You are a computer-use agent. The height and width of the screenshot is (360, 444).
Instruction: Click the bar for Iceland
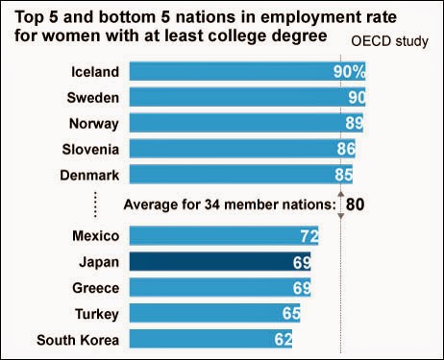click(x=247, y=71)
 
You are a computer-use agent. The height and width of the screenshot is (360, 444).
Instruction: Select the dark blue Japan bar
click(x=220, y=261)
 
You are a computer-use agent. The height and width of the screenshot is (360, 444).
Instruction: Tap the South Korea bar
click(x=210, y=339)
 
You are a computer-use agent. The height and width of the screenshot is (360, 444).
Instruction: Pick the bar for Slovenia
click(x=242, y=149)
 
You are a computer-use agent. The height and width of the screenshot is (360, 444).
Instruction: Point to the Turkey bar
click(x=215, y=313)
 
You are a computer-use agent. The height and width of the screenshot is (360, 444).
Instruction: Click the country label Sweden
click(x=93, y=98)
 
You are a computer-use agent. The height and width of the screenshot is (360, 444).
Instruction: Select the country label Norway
click(x=94, y=124)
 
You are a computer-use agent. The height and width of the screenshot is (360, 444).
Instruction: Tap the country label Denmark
click(x=89, y=176)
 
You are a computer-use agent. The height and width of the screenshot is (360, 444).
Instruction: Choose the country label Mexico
click(x=96, y=236)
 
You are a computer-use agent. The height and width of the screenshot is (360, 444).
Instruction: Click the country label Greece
click(x=96, y=288)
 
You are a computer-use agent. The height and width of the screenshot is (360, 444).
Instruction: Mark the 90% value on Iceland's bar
click(x=349, y=71)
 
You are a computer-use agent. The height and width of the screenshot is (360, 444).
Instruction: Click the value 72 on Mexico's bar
click(x=309, y=236)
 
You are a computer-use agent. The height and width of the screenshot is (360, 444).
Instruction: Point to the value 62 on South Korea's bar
click(x=284, y=339)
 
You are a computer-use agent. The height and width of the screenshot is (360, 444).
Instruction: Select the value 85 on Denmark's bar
click(x=344, y=175)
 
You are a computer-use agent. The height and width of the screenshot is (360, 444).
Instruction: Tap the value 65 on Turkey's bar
click(x=291, y=313)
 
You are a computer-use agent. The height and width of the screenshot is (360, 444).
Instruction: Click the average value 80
click(x=355, y=204)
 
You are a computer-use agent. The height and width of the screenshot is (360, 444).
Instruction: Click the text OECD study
click(x=389, y=41)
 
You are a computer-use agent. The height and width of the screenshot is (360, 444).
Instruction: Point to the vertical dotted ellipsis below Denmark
click(x=95, y=204)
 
